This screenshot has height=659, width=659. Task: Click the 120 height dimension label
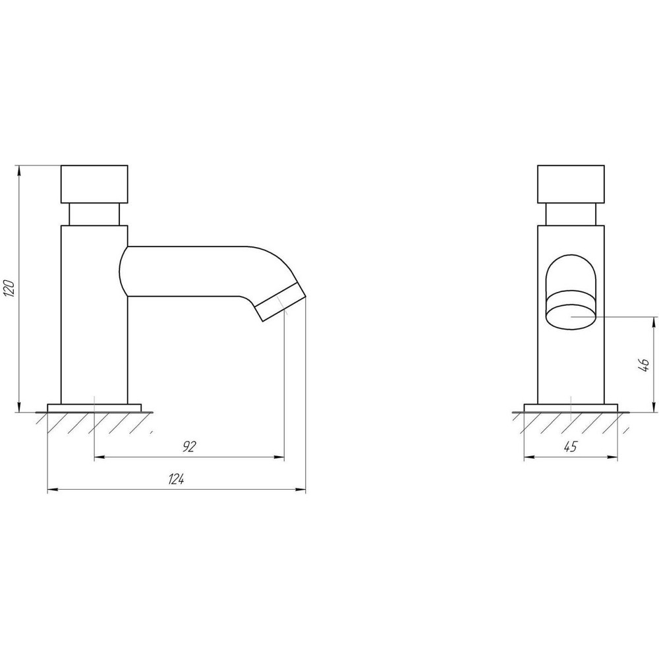tap(9, 289)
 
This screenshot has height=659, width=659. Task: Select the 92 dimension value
tap(190, 446)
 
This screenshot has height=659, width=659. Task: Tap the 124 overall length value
tap(177, 479)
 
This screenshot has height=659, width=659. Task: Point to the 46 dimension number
tap(643, 365)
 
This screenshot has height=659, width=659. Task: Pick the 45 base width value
tap(570, 446)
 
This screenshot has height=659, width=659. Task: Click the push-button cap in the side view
tap(94, 184)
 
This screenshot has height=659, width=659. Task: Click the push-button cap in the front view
tap(571, 184)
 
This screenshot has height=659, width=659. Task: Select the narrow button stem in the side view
tap(94, 214)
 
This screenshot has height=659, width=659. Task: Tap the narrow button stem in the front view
tap(571, 214)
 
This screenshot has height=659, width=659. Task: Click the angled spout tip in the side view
tap(280, 302)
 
